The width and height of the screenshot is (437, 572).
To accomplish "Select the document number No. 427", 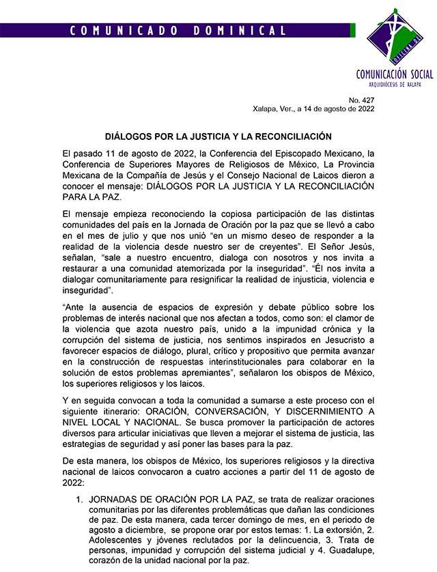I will coord(362,99).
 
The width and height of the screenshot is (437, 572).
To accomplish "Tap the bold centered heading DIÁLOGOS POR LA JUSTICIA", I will coord(218,137).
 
